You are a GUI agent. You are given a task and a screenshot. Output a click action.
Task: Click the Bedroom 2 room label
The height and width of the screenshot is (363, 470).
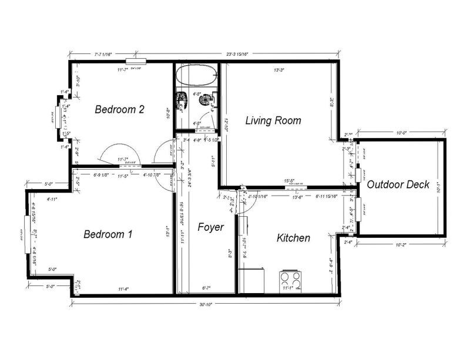coord(120,109)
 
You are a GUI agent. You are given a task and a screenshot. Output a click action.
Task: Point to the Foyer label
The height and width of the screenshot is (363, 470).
coord(210,227)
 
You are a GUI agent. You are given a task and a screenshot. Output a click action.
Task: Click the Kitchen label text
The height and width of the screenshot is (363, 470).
coord(293,238)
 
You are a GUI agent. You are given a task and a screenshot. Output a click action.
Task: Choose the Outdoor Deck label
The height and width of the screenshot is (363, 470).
coord(398,184)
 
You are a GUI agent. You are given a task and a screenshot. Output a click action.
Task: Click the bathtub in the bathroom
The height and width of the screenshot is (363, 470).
coord(197,75)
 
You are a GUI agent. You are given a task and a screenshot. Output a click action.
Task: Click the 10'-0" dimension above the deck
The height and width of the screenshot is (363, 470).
coord(401,133)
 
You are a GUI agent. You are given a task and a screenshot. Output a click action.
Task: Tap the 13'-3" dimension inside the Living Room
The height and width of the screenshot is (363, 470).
coord(279,70)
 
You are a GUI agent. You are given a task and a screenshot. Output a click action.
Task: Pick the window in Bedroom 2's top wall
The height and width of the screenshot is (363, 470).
coord(135,60)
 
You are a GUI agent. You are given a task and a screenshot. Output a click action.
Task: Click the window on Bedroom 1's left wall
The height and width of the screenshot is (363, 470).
coord(26,234)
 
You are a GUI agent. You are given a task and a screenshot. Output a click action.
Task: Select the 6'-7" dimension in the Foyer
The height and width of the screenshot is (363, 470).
coord(207,288)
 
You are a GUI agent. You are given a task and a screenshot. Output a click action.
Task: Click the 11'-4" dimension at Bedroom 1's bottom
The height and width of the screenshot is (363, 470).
coord(123,288)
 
